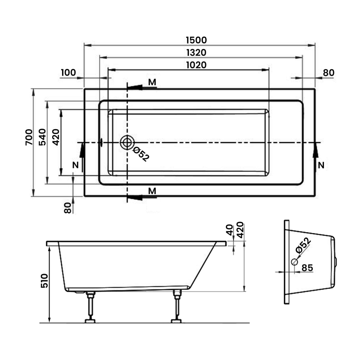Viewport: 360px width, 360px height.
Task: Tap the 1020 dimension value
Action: tap(196, 65)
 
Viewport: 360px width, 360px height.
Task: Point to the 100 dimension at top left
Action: tap(68, 72)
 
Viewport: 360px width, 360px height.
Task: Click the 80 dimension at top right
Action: tap(329, 72)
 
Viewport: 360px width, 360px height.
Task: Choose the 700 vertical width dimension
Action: tap(28, 137)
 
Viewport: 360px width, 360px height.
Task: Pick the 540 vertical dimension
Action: tap(42, 137)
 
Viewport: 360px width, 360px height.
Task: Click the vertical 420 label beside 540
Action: tap(56, 137)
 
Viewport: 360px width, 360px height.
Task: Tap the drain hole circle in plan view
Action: tap(127, 143)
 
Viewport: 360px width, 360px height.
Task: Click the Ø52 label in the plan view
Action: tap(140, 154)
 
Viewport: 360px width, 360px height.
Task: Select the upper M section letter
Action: tap(153, 82)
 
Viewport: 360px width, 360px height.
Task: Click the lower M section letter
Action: tap(153, 191)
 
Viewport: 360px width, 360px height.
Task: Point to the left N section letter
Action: tap(76, 166)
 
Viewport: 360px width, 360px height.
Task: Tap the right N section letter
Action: tap(321, 166)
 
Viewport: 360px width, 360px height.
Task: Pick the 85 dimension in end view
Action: tap(307, 267)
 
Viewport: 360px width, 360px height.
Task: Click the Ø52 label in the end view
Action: tap(303, 245)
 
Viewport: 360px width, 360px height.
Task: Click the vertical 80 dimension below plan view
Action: tap(68, 207)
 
